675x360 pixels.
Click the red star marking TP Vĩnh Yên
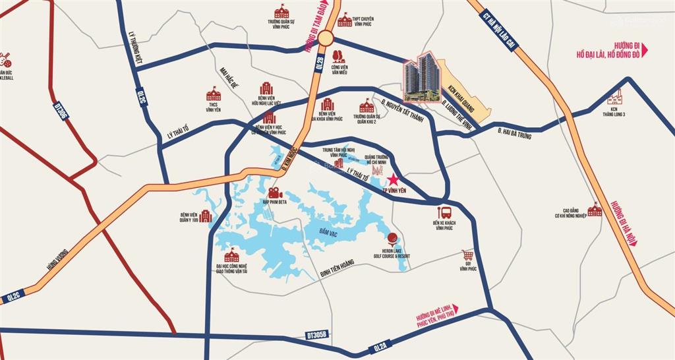coord(394,179)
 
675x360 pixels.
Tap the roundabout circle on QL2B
coord(324,40)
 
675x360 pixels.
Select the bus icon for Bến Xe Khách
coord(445,212)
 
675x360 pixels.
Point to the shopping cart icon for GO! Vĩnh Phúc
coord(468,255)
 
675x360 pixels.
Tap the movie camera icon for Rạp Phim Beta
coord(274,194)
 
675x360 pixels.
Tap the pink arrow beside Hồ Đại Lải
coord(645,49)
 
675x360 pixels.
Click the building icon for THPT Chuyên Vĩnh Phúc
coord(344,20)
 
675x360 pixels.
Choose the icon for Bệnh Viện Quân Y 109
coord(205,216)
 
